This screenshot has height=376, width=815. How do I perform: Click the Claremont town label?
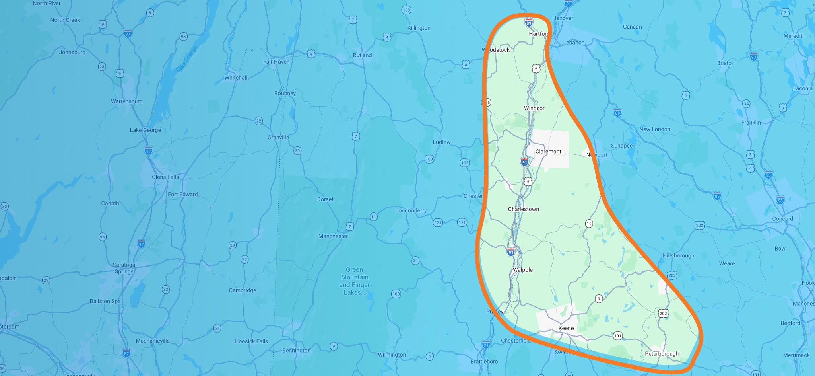548,152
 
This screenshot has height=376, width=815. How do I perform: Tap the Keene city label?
566,328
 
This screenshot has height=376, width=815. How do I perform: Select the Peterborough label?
662,354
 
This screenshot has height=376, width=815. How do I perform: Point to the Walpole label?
523,270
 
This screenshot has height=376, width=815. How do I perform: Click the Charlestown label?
523,209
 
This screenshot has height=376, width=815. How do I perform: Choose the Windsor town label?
534,108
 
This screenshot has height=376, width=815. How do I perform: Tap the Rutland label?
362,55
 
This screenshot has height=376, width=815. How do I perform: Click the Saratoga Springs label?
124,268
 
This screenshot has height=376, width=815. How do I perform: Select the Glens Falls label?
165,177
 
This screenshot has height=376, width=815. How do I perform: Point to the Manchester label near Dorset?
333,236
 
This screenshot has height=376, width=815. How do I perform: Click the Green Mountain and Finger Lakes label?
354,281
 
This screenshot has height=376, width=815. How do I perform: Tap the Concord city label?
782,219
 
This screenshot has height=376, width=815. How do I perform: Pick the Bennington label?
296,351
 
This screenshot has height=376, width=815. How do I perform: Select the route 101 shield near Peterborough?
617,336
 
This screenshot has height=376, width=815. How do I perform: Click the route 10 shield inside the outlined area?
589,224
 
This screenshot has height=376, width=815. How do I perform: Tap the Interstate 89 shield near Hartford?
528,23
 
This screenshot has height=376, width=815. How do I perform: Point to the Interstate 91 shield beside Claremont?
524,162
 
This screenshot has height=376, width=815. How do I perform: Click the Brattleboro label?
484,362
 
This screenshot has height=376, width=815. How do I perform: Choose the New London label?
654,129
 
